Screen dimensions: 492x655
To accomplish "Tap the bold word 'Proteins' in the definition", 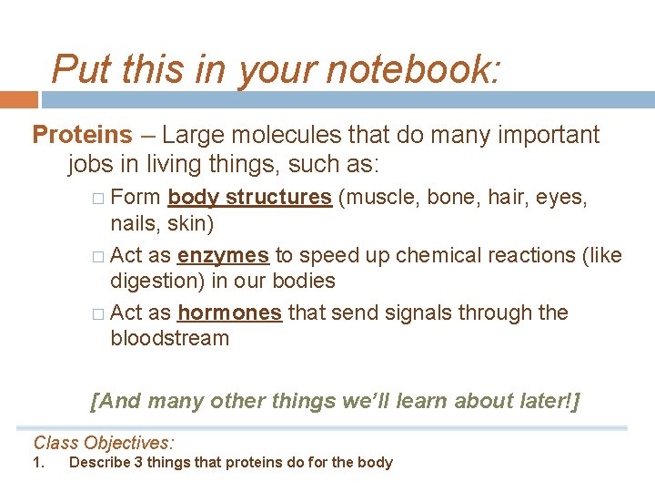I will coord(82,136).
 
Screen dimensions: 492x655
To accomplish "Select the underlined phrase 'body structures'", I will coord(249,197).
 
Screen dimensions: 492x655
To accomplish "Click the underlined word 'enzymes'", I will coord(223,256).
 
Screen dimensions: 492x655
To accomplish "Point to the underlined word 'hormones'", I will coord(229,313).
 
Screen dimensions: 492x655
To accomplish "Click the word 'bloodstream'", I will coord(169,339).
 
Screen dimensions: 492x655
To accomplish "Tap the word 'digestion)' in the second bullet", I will coord(157,282).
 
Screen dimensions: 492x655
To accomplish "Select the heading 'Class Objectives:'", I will coord(103,444).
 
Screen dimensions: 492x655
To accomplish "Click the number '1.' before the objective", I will coord(38,463).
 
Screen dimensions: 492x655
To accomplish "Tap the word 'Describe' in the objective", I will coord(100,463).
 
